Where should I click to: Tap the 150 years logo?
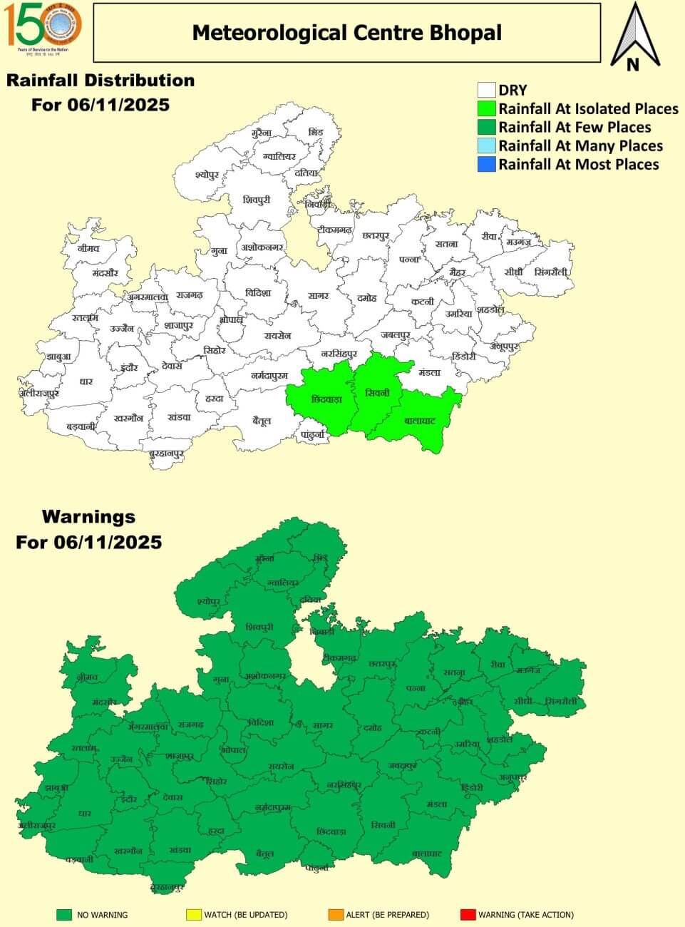point(43,26)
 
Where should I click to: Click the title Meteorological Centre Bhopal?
point(346,33)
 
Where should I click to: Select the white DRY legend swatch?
point(487,90)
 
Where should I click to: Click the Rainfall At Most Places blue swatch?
point(487,165)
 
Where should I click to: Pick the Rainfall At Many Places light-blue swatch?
point(487,146)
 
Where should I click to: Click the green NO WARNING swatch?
point(65,914)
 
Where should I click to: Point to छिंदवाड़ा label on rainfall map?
point(326,399)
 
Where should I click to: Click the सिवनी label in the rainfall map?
point(376,393)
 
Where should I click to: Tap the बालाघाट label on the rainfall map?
point(419,421)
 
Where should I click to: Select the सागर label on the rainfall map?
point(319,295)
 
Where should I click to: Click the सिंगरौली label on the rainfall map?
point(552,272)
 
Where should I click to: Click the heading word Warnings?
point(88,516)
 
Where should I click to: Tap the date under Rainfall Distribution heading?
point(100,105)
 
